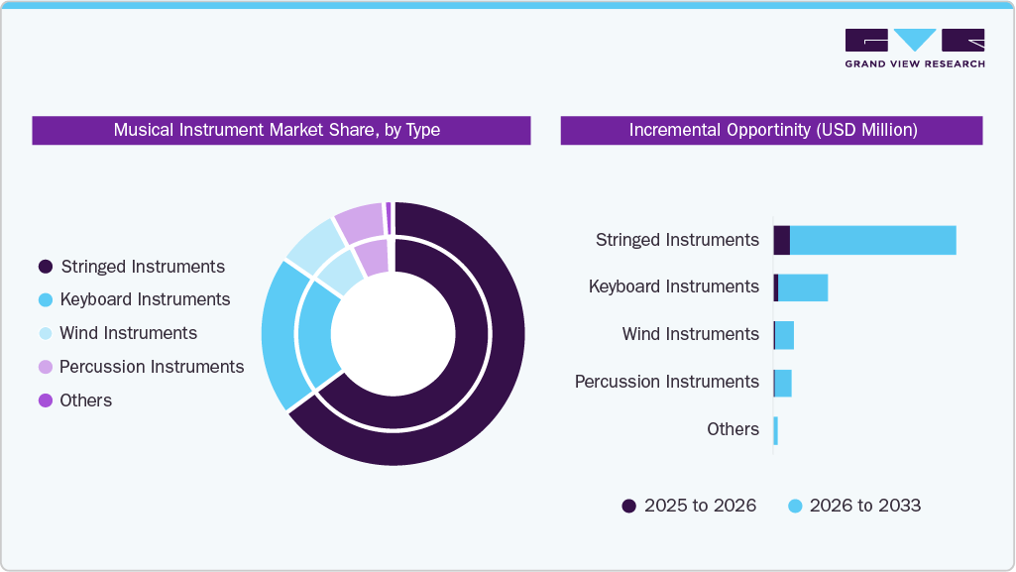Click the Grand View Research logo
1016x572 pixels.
click(x=914, y=48)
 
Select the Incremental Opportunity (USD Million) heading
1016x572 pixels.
click(x=772, y=130)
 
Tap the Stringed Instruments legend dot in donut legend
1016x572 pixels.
click(x=45, y=267)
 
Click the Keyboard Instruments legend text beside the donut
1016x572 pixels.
click(x=145, y=299)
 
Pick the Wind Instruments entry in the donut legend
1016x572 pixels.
click(x=128, y=333)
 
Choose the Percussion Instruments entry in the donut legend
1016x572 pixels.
click(x=151, y=367)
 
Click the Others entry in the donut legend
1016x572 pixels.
click(x=85, y=400)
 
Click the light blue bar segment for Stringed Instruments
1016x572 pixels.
click(x=872, y=240)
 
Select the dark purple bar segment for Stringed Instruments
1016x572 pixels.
click(x=781, y=240)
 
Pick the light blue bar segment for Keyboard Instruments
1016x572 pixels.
click(x=803, y=287)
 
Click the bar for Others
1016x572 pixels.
click(x=775, y=430)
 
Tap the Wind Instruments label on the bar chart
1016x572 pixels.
click(x=690, y=334)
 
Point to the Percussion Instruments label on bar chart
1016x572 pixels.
click(x=666, y=382)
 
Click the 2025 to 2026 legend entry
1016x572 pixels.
click(x=689, y=506)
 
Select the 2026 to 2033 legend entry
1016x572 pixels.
click(x=854, y=506)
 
